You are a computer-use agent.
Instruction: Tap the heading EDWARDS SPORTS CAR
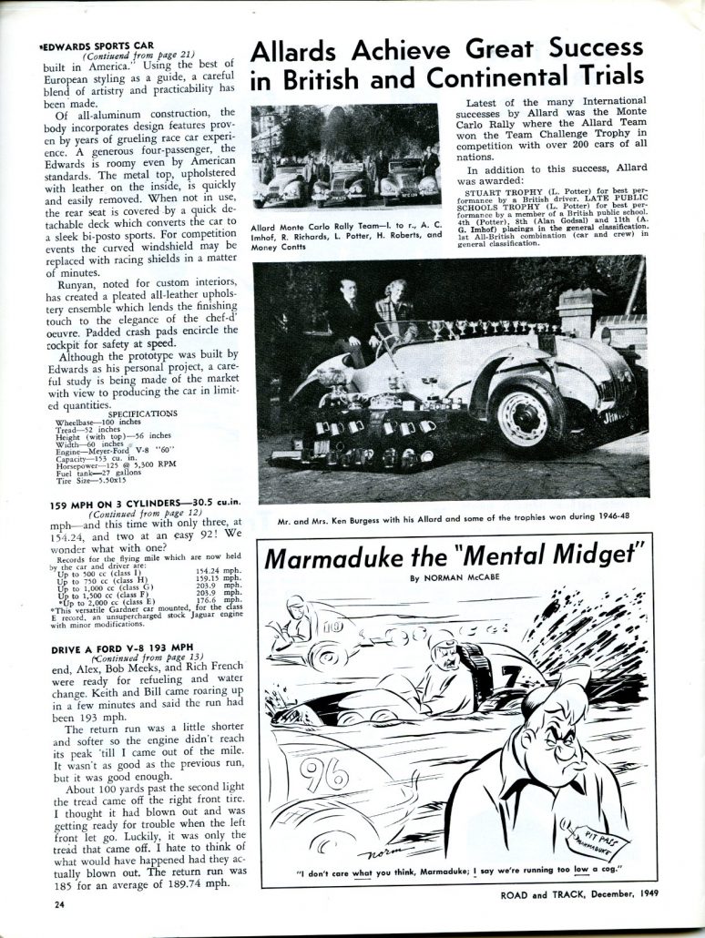(x=97, y=46)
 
